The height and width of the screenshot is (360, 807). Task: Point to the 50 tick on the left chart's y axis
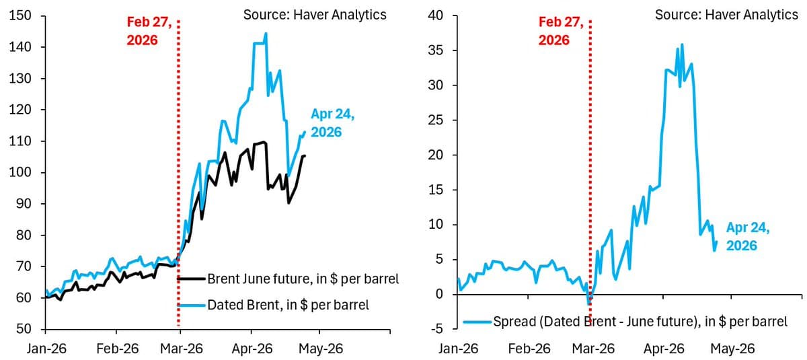pyautogui.click(x=23, y=329)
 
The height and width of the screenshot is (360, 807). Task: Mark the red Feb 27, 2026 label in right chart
pyautogui.click(x=562, y=32)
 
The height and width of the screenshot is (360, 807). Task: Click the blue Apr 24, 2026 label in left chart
pyautogui.click(x=332, y=123)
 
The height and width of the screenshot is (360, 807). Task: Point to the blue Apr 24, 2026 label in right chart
pyautogui.click(x=748, y=237)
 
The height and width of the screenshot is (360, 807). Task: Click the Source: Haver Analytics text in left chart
pyautogui.click(x=315, y=15)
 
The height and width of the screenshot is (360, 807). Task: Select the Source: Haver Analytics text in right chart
pyautogui.click(x=726, y=15)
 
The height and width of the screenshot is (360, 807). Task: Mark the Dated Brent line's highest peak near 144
pyautogui.click(x=266, y=34)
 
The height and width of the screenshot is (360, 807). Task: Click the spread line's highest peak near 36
pyautogui.click(x=682, y=45)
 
